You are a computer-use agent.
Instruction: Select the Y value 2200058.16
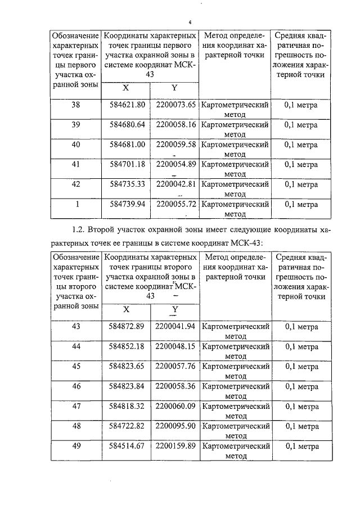pos(175,125)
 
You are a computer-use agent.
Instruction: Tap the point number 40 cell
pos(76,145)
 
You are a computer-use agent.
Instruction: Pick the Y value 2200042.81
pos(175,184)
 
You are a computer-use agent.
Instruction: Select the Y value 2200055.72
pos(175,204)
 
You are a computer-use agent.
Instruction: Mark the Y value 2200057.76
pos(175,366)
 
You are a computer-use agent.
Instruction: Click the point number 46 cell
pos(76,386)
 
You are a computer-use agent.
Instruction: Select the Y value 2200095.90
pos(175,426)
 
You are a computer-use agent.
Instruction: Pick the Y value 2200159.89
pos(175,446)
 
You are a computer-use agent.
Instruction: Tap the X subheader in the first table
pos(125,88)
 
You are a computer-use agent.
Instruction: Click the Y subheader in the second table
pos(174,310)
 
